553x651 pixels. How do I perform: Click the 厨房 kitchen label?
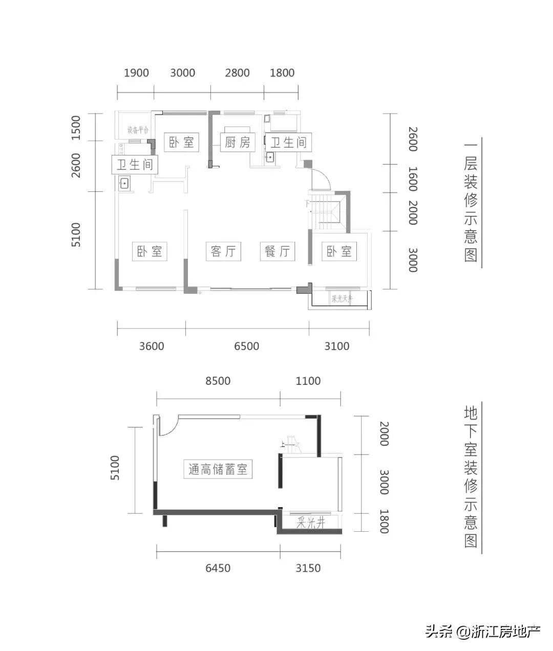(238, 142)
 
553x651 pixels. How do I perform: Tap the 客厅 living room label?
(223, 251)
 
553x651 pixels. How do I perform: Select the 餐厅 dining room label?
(277, 251)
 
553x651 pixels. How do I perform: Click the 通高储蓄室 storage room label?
(218, 469)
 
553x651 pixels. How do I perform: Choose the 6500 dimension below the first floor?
(246, 346)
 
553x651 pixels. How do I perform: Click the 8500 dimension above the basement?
(218, 381)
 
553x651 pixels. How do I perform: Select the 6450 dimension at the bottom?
(218, 568)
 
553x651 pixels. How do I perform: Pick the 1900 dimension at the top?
(136, 73)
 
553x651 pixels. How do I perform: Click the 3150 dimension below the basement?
(308, 568)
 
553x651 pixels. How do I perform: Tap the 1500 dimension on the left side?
(76, 127)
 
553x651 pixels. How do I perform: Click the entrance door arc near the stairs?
(322, 179)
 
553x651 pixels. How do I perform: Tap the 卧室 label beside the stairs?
(339, 251)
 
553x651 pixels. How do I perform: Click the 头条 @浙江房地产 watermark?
(482, 632)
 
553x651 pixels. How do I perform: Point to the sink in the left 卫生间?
(124, 183)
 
